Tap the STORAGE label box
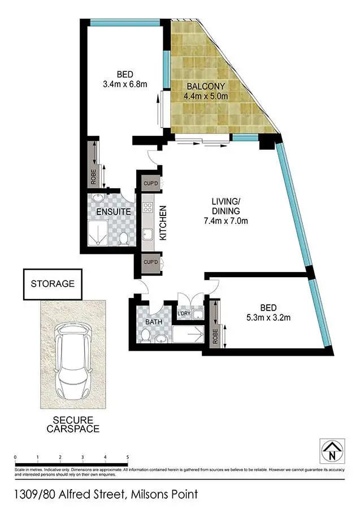(53, 284)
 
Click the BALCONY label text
(205, 87)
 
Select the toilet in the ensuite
(123, 239)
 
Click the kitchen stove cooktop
(149, 207)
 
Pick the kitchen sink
(149, 234)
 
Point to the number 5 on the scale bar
(128, 456)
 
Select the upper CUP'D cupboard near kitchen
(150, 183)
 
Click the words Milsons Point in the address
(164, 494)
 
